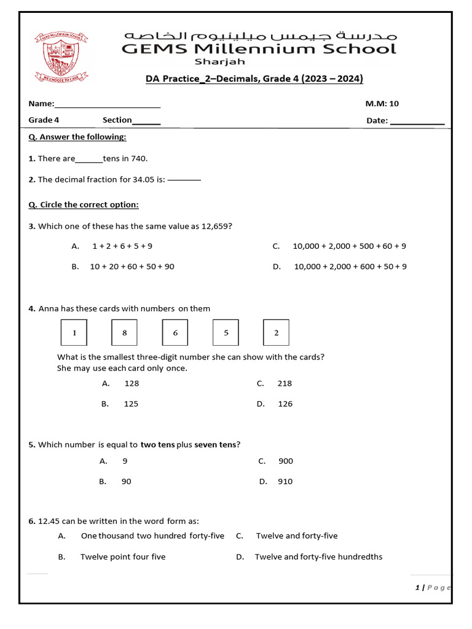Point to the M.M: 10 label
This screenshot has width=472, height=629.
coord(382,104)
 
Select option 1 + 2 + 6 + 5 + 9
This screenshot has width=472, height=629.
coord(122,246)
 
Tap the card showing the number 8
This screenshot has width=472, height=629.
coord(125,332)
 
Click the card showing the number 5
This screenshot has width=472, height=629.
coord(226,332)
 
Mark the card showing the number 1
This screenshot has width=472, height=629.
coord(74,332)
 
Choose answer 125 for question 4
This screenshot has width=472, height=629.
coord(132,404)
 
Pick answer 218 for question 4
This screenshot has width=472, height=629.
coord(285,383)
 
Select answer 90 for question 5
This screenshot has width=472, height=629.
coord(126,482)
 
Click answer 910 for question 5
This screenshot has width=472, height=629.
coord(285,482)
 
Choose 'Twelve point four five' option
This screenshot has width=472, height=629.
coord(123,557)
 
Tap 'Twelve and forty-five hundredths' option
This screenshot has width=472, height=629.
coord(318,557)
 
